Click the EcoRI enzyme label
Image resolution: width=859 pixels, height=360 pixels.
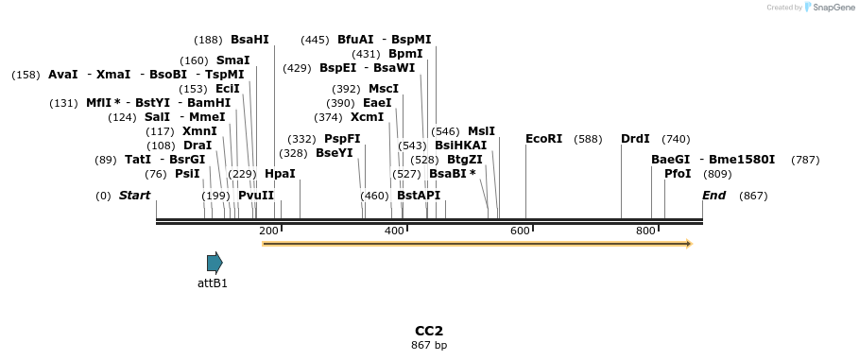[x=543, y=139]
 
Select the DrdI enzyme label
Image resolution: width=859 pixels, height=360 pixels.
[x=635, y=139]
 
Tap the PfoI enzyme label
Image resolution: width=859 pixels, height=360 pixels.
[x=678, y=174]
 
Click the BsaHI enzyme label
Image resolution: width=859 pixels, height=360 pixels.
[x=249, y=40]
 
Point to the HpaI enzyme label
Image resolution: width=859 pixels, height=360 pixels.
[x=280, y=174]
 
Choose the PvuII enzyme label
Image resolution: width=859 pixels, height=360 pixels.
[x=256, y=196]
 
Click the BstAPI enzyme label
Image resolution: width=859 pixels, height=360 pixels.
[x=419, y=196]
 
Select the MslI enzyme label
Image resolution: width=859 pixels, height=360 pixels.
[x=481, y=131]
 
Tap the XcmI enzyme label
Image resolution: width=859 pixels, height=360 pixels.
[x=367, y=117]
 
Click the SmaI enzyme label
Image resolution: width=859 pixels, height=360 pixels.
[x=232, y=60]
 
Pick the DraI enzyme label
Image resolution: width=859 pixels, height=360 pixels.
[x=198, y=146]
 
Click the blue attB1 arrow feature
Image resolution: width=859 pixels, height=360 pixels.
[x=215, y=263]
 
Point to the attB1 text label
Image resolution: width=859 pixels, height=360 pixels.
[x=213, y=283]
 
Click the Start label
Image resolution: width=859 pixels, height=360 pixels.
[x=134, y=196]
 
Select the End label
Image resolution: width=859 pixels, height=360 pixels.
[x=714, y=196]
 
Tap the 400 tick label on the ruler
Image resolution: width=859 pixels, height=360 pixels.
[x=394, y=231]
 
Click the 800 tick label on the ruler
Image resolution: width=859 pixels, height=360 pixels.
[x=645, y=231]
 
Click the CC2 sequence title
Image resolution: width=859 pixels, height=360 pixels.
[x=429, y=331]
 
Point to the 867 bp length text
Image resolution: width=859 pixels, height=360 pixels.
[x=429, y=346]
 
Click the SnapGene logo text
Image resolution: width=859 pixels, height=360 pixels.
[x=832, y=8]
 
